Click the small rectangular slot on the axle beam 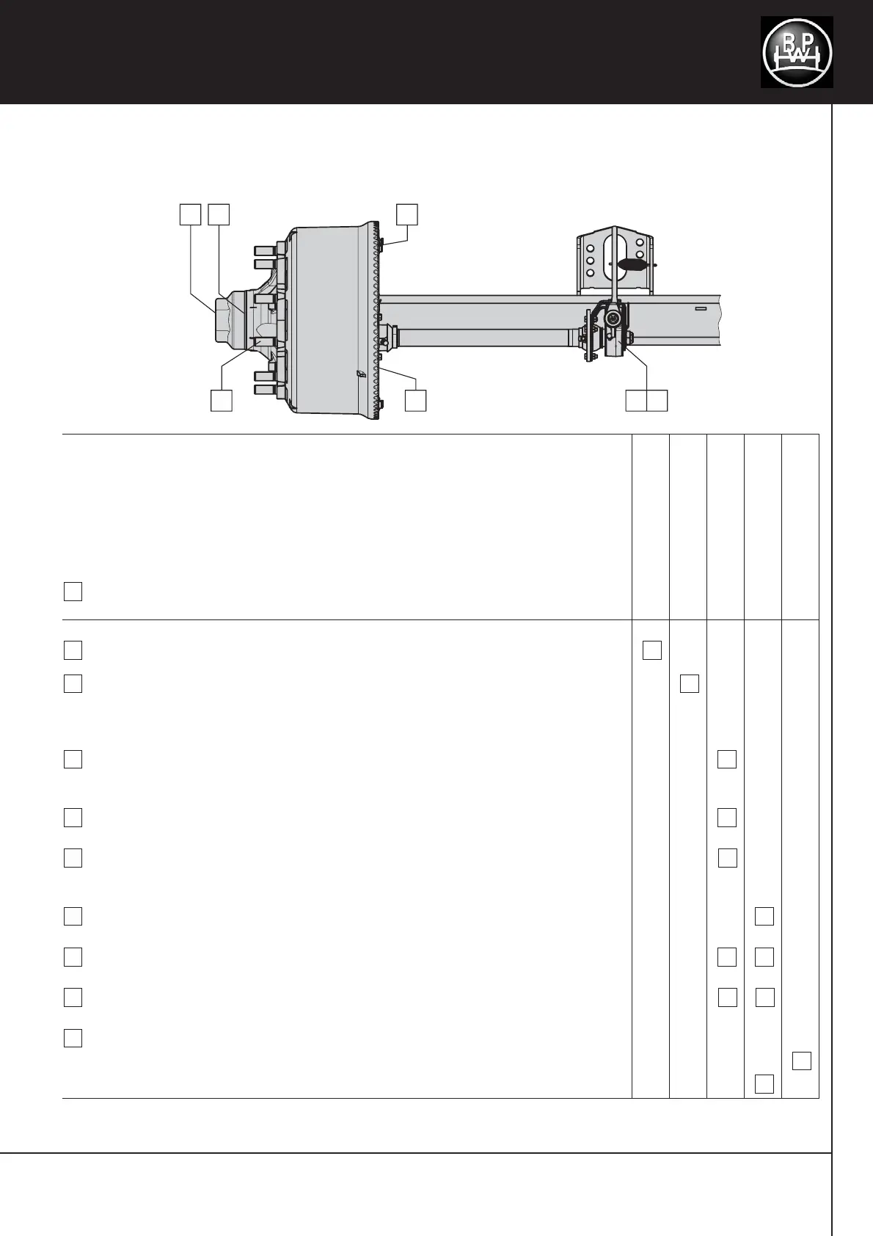[700, 309]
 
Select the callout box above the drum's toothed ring [407, 214]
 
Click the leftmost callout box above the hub [190, 214]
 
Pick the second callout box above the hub [219, 214]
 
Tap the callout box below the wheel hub [222, 401]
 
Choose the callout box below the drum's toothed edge [416, 401]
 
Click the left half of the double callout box [636, 401]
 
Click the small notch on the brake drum [359, 374]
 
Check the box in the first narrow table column [652, 650]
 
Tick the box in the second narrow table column [689, 684]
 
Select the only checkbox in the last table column [802, 1061]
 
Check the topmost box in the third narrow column [727, 759]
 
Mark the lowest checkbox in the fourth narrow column [764, 1083]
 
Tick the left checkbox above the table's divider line [73, 592]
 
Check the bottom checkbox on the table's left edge [73, 1038]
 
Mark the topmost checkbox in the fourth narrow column [764, 916]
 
